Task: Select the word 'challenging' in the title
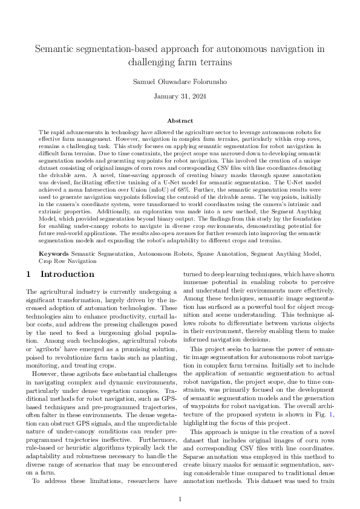pos(152,62)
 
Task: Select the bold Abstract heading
pos(180,121)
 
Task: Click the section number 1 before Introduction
pos(28,274)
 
